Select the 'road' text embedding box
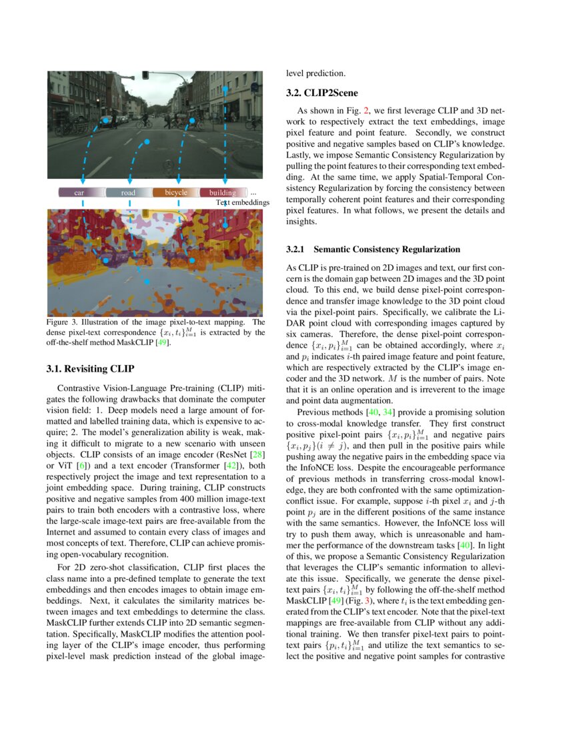point(129,193)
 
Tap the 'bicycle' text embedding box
point(175,193)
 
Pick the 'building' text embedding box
point(223,193)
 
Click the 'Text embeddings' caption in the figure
point(242,202)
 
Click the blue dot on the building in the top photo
point(225,88)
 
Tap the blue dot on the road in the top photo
point(147,142)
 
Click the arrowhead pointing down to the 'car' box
point(82,181)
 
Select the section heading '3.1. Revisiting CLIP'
point(91,368)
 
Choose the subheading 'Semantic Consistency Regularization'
point(386,250)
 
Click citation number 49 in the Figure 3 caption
point(161,343)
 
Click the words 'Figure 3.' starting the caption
point(63,323)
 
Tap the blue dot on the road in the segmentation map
point(147,282)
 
